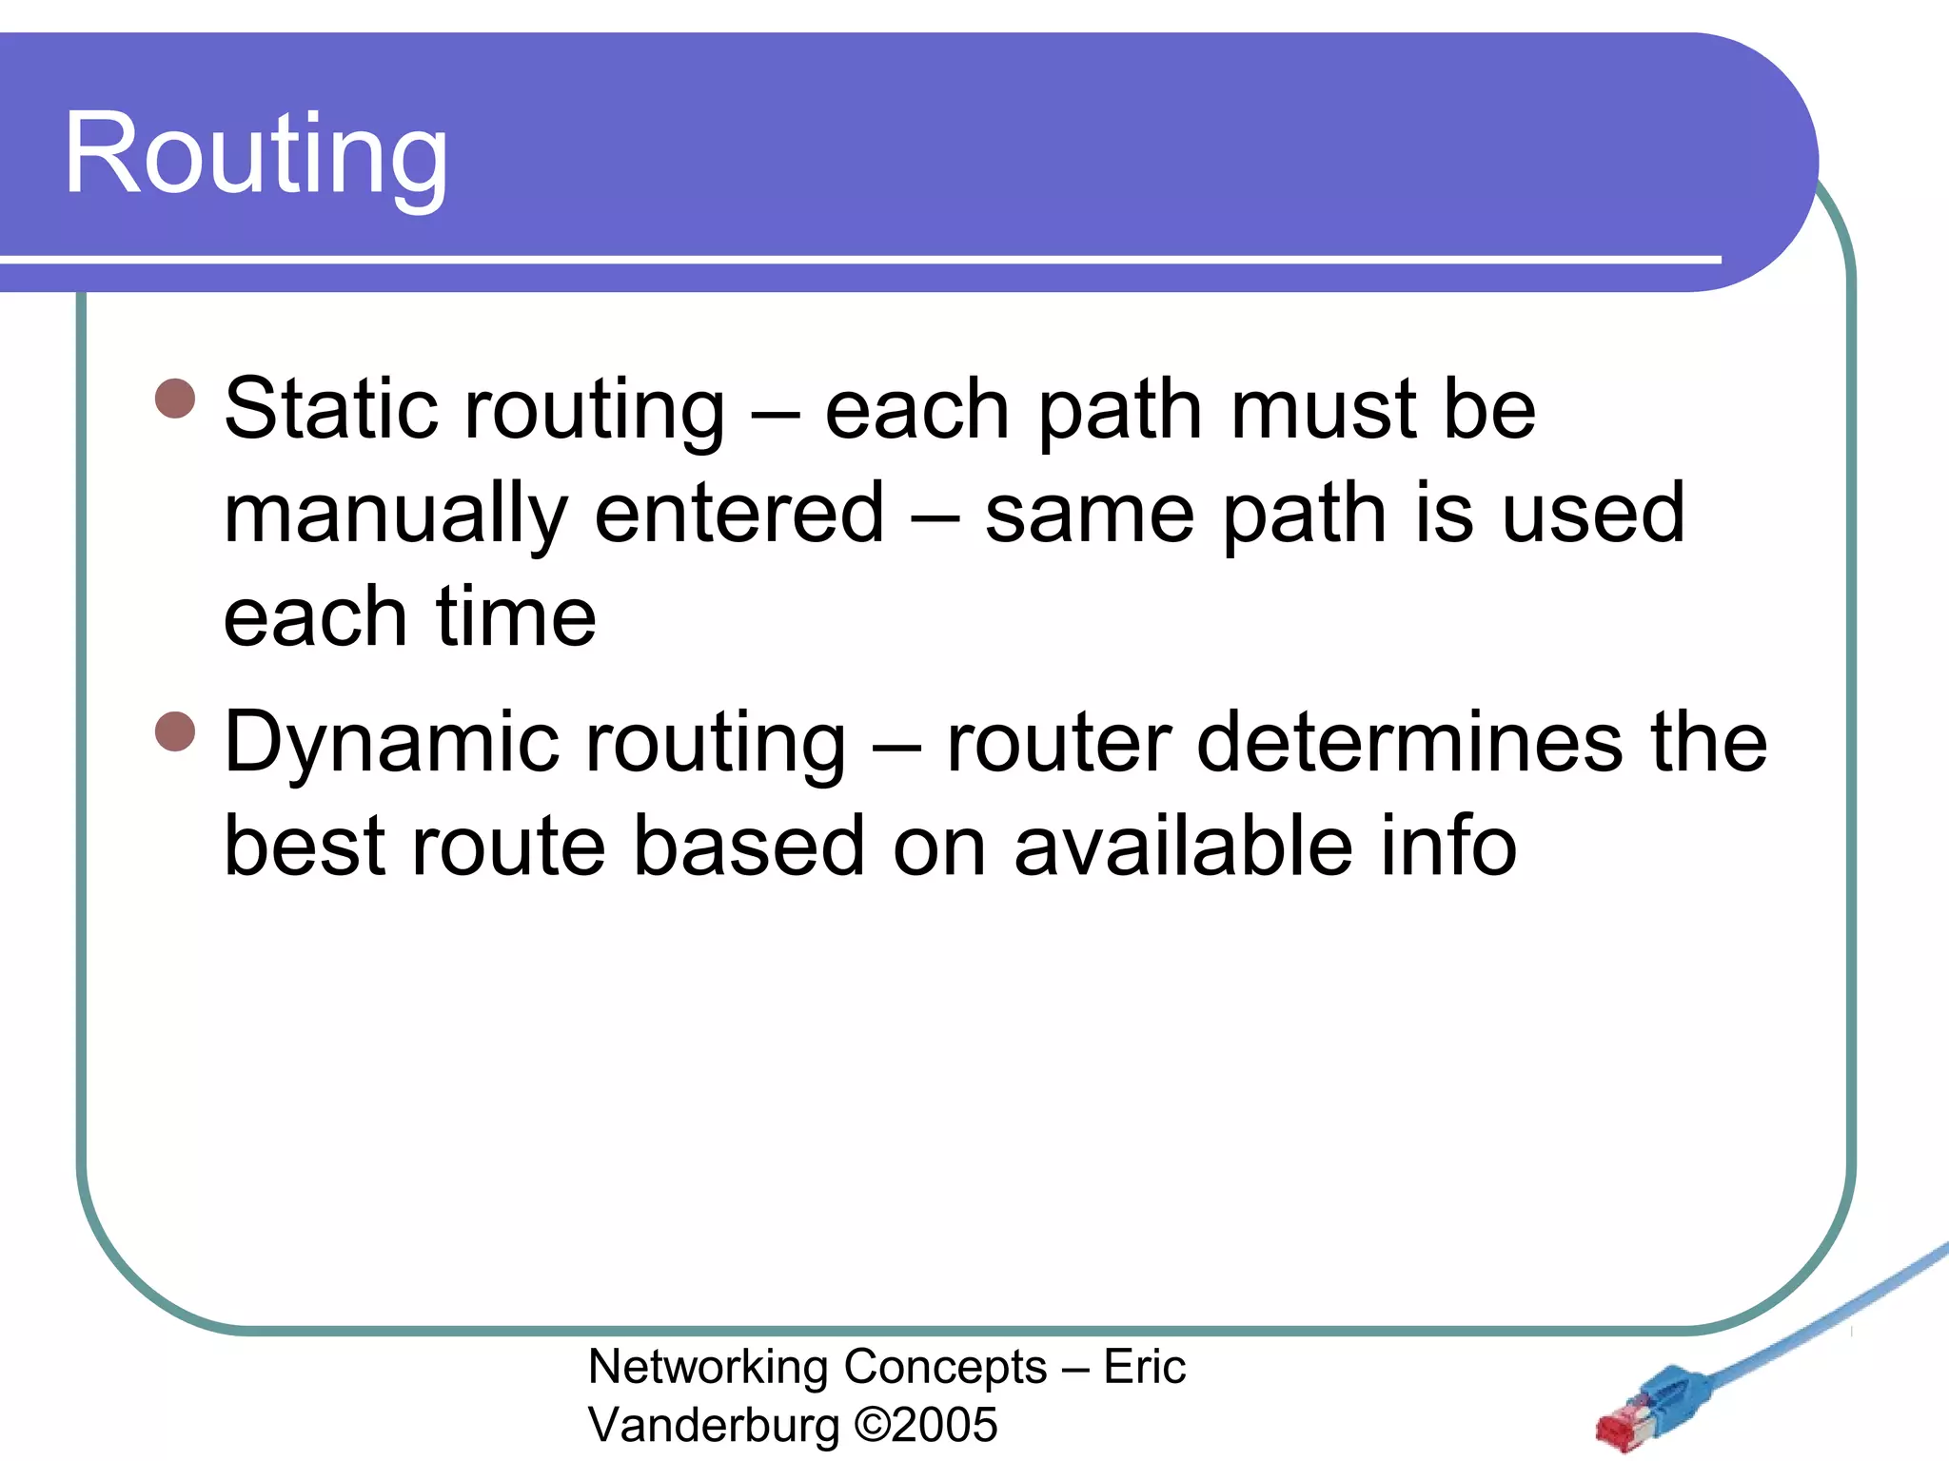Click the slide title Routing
[x=255, y=154]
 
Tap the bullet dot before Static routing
[x=175, y=399]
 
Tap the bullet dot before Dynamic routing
[x=175, y=731]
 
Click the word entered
[x=739, y=514]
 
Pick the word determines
[x=1409, y=742]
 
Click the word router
[x=1058, y=744]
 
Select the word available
[x=1183, y=847]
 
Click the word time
[x=515, y=618]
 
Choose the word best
[x=305, y=847]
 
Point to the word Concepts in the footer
[x=945, y=1368]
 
